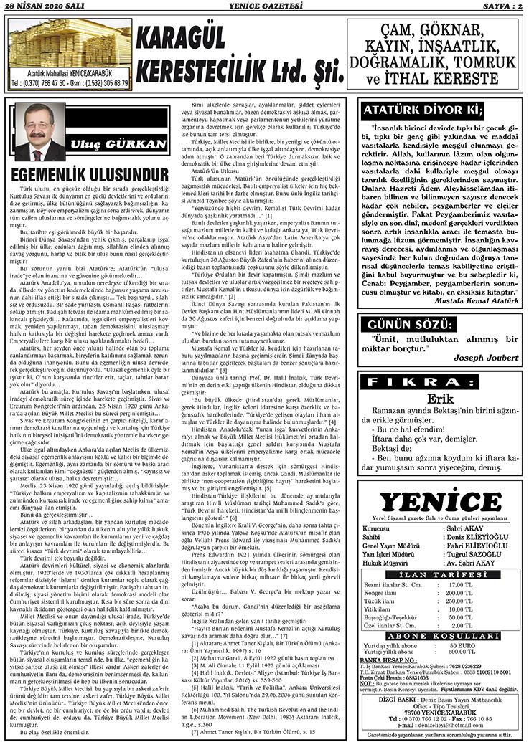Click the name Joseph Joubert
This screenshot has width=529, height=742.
point(477,337)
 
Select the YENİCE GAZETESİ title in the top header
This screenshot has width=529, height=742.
point(264,6)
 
